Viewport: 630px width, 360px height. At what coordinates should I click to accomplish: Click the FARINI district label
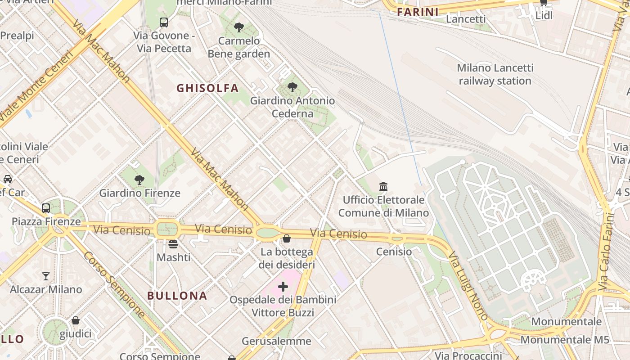tap(418, 12)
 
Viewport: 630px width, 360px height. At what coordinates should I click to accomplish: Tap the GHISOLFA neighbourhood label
tap(207, 88)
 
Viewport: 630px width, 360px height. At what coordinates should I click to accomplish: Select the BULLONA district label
tap(177, 296)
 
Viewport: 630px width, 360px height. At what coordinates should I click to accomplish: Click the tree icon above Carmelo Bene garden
tap(239, 27)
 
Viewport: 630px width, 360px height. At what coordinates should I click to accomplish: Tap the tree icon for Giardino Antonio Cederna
tap(292, 87)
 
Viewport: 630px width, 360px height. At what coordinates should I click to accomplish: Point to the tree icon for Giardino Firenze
tap(139, 180)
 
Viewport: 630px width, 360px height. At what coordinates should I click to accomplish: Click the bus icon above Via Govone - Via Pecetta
tap(164, 22)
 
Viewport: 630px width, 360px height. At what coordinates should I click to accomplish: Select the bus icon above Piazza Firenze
tap(46, 208)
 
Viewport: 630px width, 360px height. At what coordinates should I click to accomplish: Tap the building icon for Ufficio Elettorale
tap(383, 186)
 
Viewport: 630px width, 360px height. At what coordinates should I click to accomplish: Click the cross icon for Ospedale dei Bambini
tap(283, 287)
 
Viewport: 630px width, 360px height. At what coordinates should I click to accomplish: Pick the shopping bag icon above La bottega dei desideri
tap(287, 238)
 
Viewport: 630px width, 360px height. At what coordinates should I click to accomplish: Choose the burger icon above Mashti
tap(173, 244)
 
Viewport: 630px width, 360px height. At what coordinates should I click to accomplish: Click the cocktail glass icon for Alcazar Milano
tap(46, 276)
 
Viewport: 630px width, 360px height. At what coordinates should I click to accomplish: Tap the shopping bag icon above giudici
tap(76, 320)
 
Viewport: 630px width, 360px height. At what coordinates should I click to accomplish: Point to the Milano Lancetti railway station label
tap(495, 74)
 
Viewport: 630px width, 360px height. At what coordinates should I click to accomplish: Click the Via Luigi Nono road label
tap(468, 286)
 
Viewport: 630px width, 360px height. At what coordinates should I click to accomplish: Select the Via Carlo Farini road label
tap(607, 252)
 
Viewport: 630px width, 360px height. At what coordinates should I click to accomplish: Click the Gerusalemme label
tap(276, 341)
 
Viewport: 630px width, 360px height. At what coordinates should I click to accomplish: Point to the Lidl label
tap(544, 16)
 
